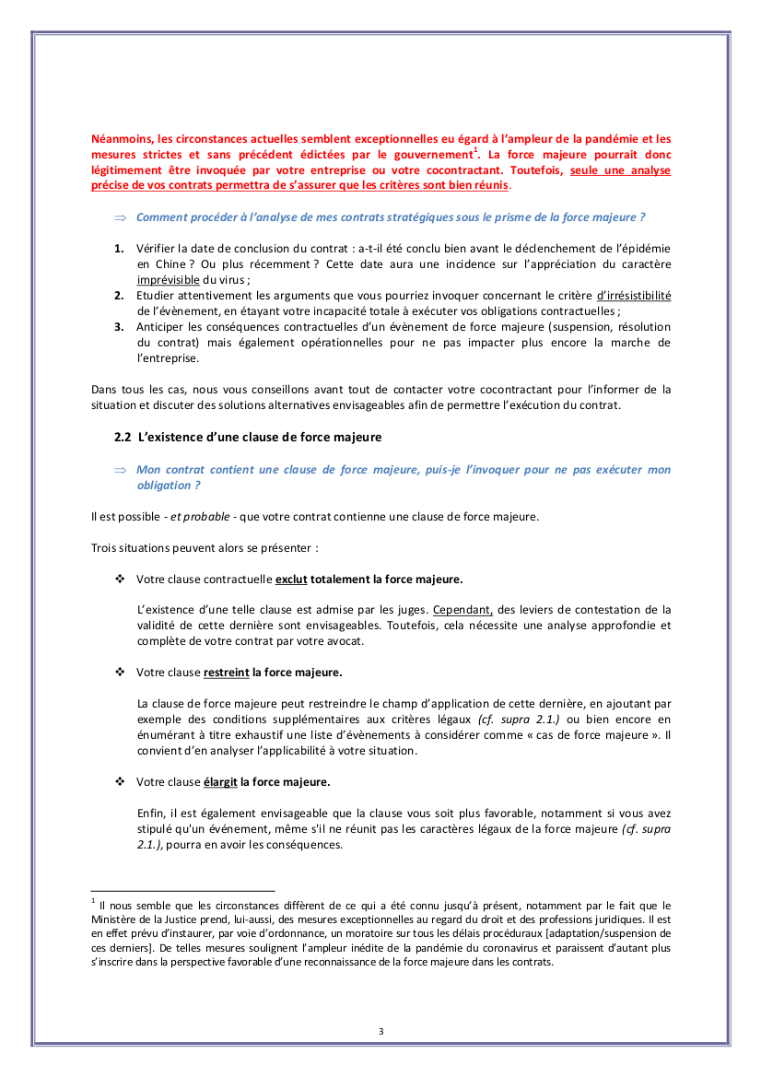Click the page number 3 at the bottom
point(380,1030)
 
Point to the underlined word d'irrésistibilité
point(634,296)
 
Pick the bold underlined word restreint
point(227,673)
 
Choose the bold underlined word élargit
point(220,782)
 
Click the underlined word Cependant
point(463,610)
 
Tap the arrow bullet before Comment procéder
point(119,217)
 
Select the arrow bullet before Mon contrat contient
point(119,470)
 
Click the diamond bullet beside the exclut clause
point(119,579)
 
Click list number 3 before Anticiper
point(119,327)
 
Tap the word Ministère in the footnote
point(116,919)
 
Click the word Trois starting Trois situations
point(104,547)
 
